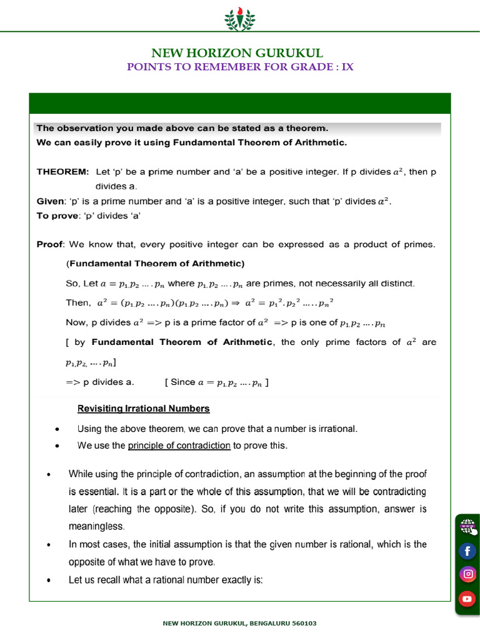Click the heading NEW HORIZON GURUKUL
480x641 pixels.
[x=240, y=53]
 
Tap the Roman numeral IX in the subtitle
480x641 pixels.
[x=347, y=67]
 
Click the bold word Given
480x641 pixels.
[x=50, y=202]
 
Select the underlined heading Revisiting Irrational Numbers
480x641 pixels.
[x=143, y=409]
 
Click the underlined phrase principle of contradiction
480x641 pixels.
[x=179, y=446]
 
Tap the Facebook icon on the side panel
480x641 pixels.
[x=467, y=551]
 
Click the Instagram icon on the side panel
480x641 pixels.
[x=467, y=574]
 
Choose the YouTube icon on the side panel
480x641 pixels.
[x=467, y=599]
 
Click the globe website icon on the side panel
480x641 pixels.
[x=467, y=526]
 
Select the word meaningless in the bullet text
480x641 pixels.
[x=97, y=526]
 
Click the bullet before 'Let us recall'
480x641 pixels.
[x=49, y=581]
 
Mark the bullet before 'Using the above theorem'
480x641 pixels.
[x=57, y=429]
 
